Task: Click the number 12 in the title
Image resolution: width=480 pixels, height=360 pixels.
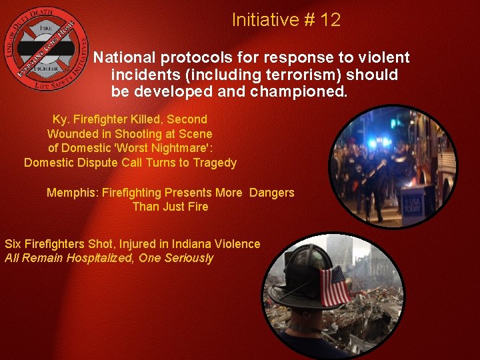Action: click(x=330, y=20)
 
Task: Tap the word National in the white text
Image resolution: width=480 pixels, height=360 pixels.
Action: click(x=123, y=58)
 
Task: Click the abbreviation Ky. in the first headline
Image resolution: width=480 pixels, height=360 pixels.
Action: click(x=61, y=119)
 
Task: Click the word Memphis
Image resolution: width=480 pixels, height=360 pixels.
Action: click(x=70, y=193)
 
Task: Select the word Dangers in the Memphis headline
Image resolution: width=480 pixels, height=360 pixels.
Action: click(x=271, y=193)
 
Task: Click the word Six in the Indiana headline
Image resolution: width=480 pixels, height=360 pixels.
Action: click(x=13, y=244)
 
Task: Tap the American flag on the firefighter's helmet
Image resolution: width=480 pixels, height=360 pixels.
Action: click(x=335, y=285)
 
